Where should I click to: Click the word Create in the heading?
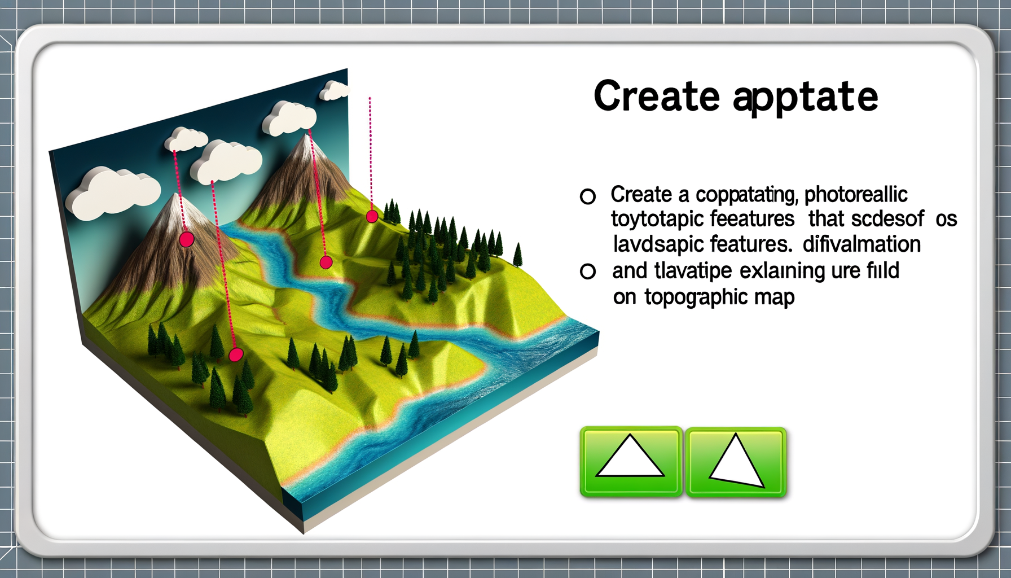[x=657, y=97]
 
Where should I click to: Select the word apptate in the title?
[x=806, y=98]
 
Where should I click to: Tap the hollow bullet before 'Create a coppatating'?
[x=588, y=196]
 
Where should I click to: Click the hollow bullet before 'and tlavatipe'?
[x=588, y=272]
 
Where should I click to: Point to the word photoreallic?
[x=855, y=195]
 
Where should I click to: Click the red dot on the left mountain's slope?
[x=187, y=239]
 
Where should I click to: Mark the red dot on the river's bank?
[x=326, y=262]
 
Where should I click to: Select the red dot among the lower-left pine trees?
[x=236, y=354]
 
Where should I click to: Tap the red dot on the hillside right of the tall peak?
[x=372, y=216]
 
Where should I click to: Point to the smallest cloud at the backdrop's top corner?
[x=335, y=90]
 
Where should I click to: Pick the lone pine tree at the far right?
[x=517, y=255]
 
